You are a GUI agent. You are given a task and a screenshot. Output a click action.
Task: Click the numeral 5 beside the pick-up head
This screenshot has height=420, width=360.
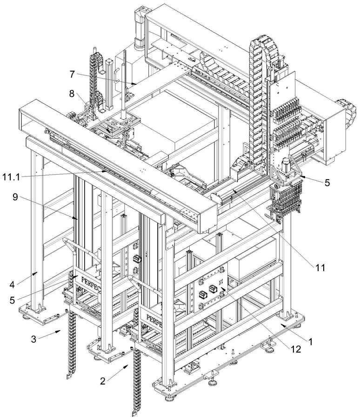pyautogui.click(x=327, y=183)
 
